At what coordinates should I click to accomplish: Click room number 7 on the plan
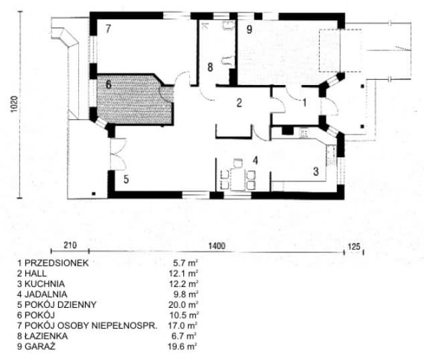click(x=107, y=27)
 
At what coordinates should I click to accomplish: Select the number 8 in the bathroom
click(x=210, y=67)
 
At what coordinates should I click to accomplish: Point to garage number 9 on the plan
click(x=249, y=29)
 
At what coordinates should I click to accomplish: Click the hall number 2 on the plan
click(x=237, y=102)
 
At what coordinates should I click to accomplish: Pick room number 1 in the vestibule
click(x=304, y=102)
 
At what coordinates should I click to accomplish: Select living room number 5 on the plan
click(x=126, y=179)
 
